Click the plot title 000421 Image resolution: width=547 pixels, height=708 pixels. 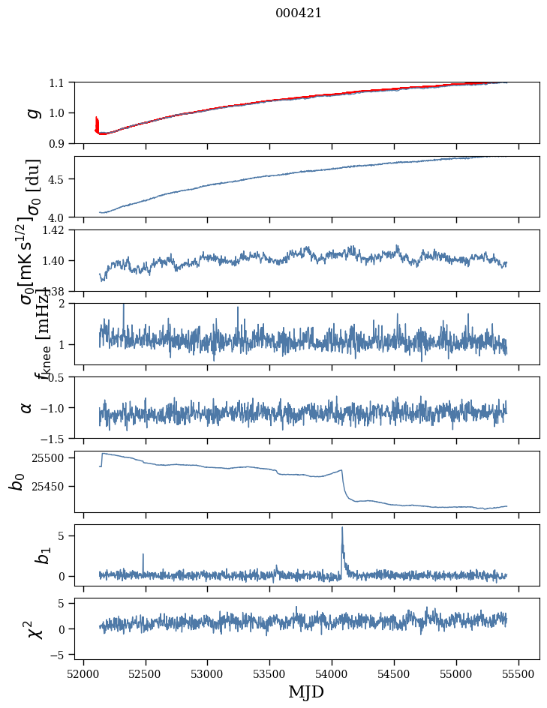[x=299, y=13]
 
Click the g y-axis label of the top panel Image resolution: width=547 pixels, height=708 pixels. [x=32, y=112]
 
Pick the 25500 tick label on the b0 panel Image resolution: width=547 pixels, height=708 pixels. [x=51, y=457]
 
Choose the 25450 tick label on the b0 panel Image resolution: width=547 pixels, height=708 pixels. [x=51, y=487]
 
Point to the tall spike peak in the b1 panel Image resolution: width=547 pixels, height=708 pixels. [x=342, y=527]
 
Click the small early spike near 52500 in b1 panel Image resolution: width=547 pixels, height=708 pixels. [x=143, y=555]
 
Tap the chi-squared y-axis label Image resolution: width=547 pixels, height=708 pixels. [x=34, y=628]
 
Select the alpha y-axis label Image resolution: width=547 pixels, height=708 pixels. [x=26, y=407]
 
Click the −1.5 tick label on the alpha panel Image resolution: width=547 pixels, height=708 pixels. [x=55, y=438]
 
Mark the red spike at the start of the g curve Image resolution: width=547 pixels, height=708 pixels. [x=97, y=122]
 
